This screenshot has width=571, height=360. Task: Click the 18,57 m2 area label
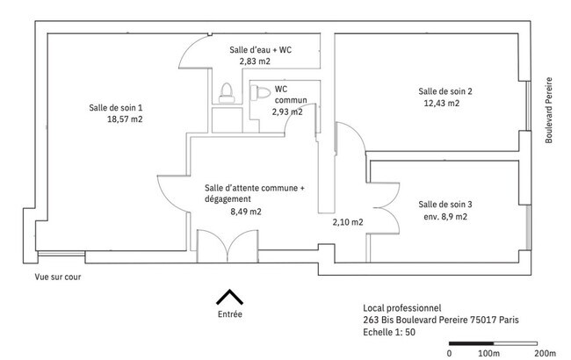pyautogui.click(x=125, y=119)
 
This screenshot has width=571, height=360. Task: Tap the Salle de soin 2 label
pyautogui.click(x=445, y=91)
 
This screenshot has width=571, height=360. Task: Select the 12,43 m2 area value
pyautogui.click(x=442, y=103)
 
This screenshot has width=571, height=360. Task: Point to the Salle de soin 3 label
pyautogui.click(x=445, y=205)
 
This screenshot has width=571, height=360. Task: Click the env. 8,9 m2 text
pyautogui.click(x=445, y=217)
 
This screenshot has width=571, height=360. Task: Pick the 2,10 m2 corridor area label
pyautogui.click(x=348, y=222)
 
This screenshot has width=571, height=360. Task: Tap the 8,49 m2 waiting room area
pyautogui.click(x=246, y=212)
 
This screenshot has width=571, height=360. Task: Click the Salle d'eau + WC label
pyautogui.click(x=260, y=50)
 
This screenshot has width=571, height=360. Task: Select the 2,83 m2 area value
pyautogui.click(x=255, y=61)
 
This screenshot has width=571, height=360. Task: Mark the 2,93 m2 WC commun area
pyautogui.click(x=287, y=112)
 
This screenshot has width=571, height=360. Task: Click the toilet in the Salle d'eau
pyautogui.click(x=227, y=93)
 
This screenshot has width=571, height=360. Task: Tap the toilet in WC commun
pyautogui.click(x=260, y=93)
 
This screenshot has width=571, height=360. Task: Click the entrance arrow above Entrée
pyautogui.click(x=229, y=296)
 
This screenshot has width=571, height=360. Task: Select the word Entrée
pyautogui.click(x=230, y=314)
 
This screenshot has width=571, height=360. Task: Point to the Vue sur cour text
pyautogui.click(x=58, y=277)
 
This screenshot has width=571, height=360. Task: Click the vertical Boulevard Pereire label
pyautogui.click(x=549, y=111)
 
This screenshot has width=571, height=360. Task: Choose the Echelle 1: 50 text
pyautogui.click(x=389, y=332)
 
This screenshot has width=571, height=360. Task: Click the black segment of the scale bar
pyautogui.click(x=471, y=343)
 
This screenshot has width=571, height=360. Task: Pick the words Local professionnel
pyautogui.click(x=402, y=308)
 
